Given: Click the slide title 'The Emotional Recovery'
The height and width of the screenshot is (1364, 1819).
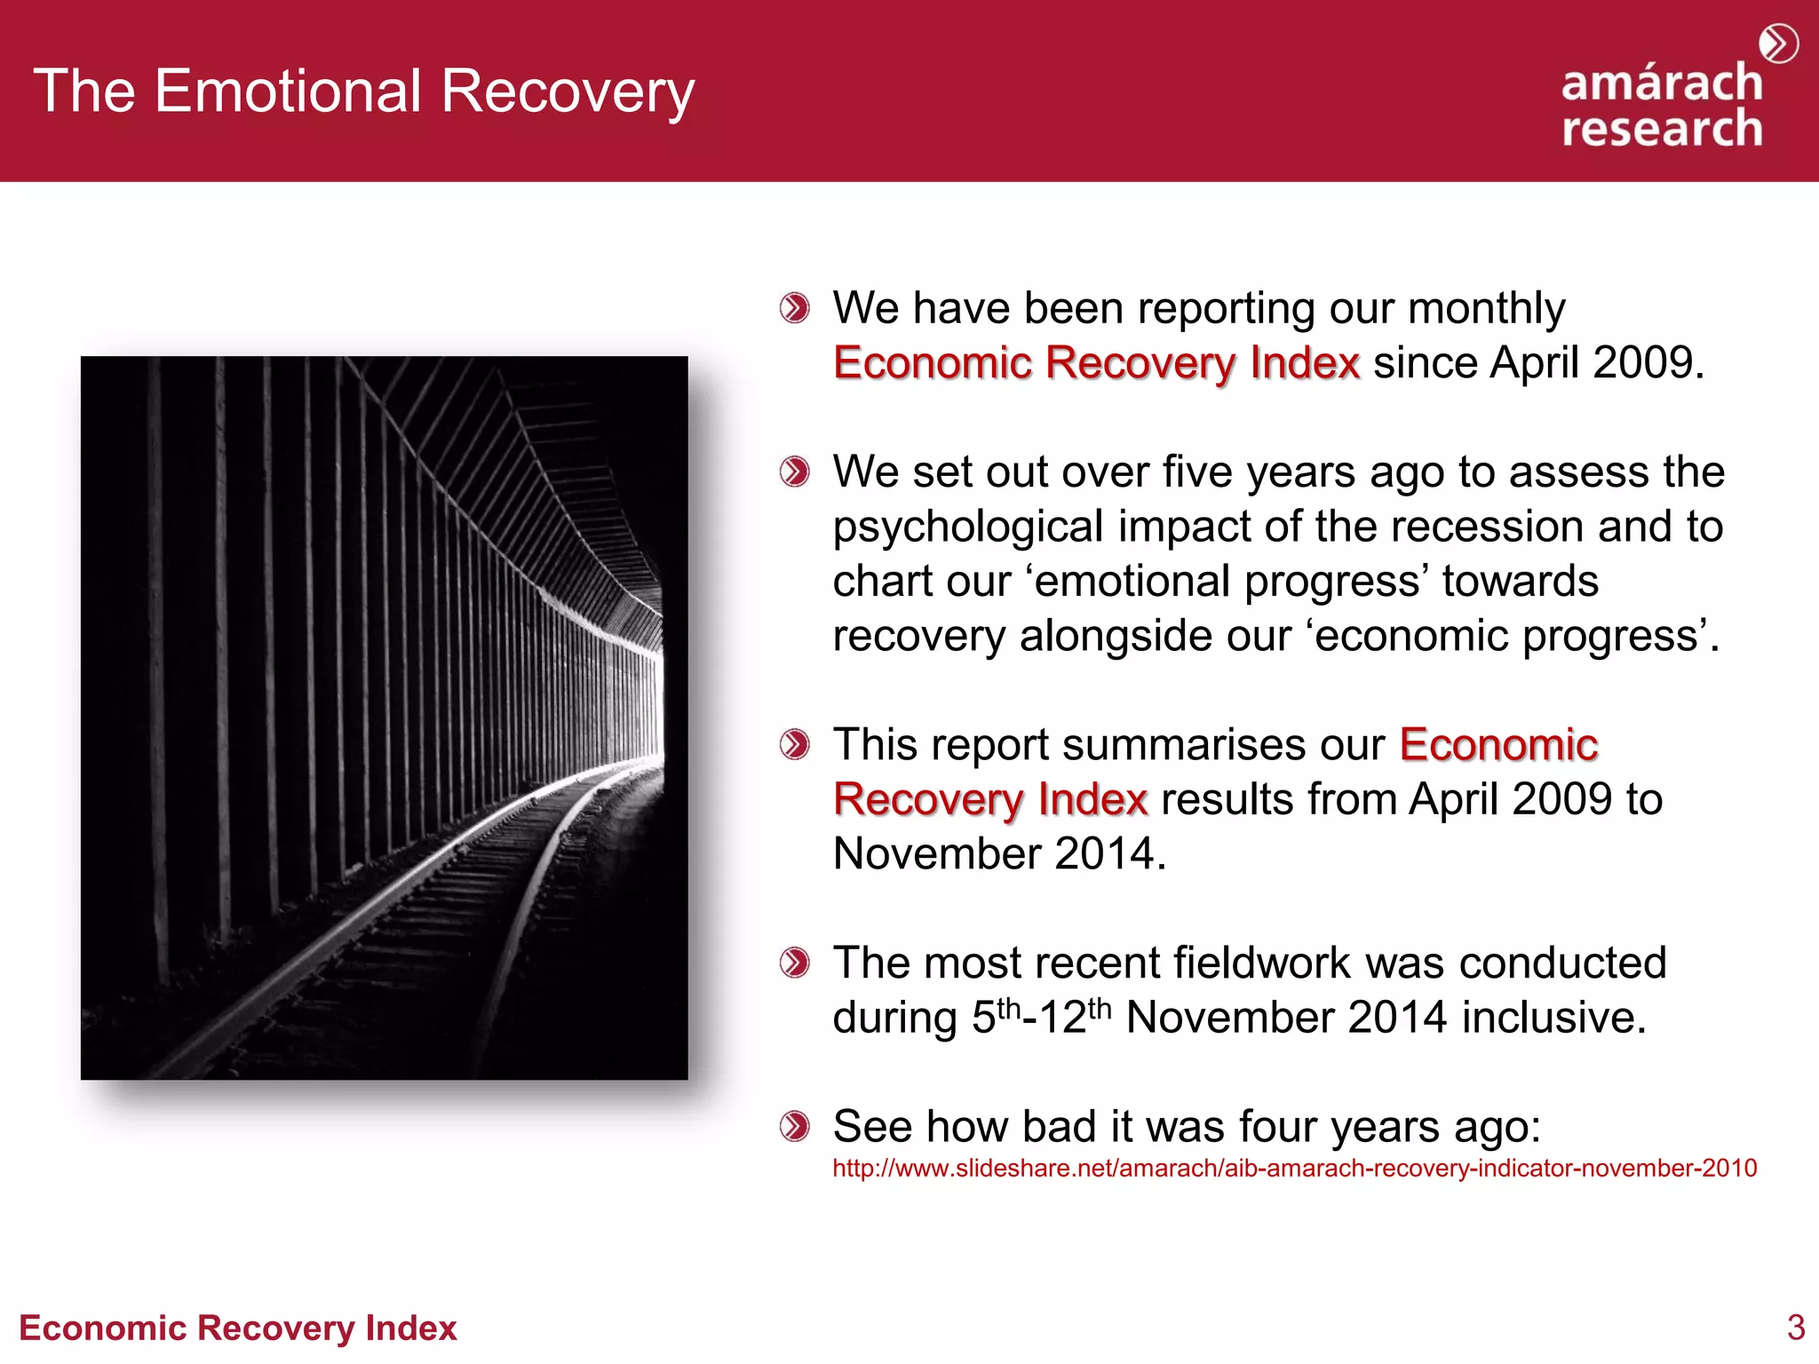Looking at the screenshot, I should click(x=363, y=91).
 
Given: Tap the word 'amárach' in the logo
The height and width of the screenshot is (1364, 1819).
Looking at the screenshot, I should click(x=1661, y=83).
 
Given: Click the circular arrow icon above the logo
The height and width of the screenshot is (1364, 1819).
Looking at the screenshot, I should click(x=1778, y=44).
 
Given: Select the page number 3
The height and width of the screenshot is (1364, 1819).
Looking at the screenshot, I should click(x=1795, y=1328).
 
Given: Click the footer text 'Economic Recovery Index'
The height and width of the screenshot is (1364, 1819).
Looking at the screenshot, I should click(x=237, y=1328).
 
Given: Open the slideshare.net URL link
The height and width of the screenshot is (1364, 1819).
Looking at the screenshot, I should click(x=1294, y=1168).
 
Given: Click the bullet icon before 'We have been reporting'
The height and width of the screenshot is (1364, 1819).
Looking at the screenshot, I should click(x=794, y=308).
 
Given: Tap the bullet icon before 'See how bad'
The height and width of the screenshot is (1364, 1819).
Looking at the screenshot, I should click(x=794, y=1127).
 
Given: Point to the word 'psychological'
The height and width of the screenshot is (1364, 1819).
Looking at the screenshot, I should click(x=967, y=527).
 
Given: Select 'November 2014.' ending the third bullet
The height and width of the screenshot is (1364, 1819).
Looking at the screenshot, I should click(x=998, y=853).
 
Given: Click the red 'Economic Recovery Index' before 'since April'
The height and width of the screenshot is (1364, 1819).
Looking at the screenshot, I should click(x=1096, y=363).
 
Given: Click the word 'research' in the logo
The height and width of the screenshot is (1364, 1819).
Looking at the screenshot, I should click(x=1661, y=129).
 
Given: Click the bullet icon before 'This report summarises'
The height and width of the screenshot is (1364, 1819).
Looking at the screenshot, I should click(x=794, y=744).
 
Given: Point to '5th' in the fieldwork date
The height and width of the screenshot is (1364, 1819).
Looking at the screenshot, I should click(x=995, y=1017).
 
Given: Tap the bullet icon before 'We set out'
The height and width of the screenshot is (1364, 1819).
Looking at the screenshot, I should click(x=794, y=472).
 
